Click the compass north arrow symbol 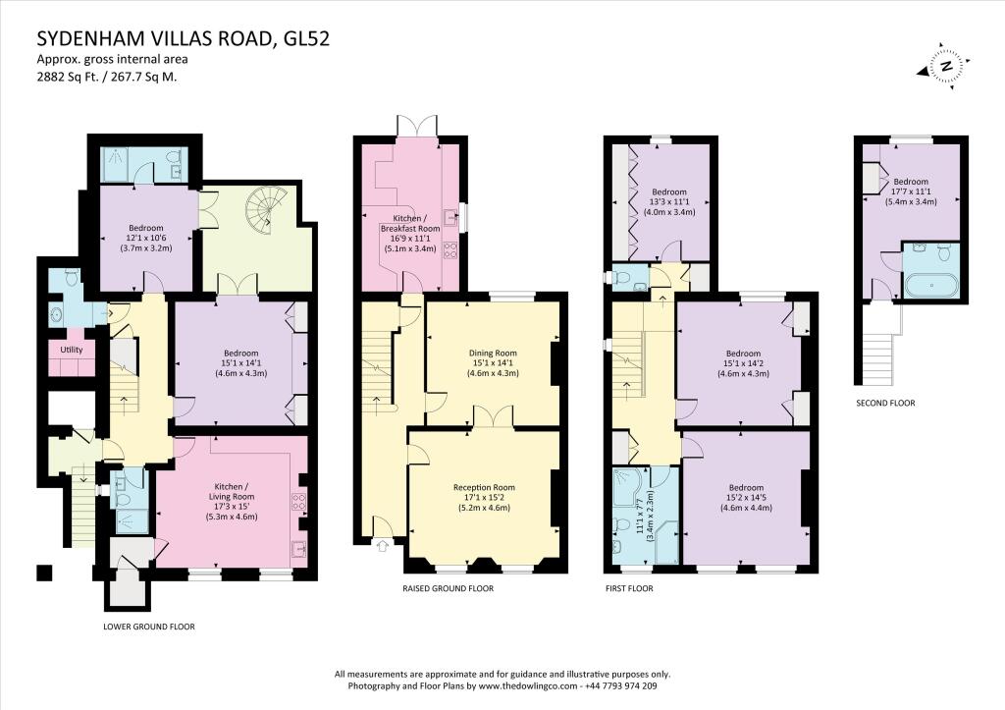tap(944, 66)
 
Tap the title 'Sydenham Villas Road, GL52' tap(183, 39)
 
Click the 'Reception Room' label tap(483, 487)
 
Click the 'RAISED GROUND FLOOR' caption tap(448, 588)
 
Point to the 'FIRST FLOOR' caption tap(629, 588)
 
